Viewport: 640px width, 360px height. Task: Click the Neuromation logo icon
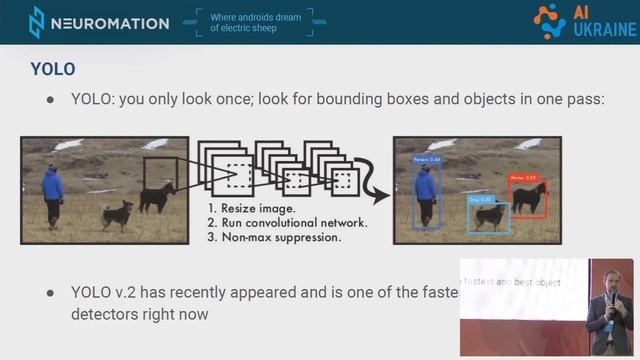[x=36, y=22]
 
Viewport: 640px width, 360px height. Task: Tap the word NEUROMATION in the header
[x=110, y=23]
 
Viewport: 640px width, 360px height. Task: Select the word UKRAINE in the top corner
[x=603, y=29]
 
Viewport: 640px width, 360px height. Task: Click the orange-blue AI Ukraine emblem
[x=549, y=20]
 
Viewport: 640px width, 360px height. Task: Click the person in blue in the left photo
[x=53, y=192]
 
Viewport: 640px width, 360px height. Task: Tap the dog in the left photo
[x=117, y=214]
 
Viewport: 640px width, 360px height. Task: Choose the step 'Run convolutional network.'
[x=288, y=223]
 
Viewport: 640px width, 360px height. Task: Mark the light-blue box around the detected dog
[x=490, y=214]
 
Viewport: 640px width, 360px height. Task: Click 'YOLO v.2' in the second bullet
[x=106, y=293]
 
